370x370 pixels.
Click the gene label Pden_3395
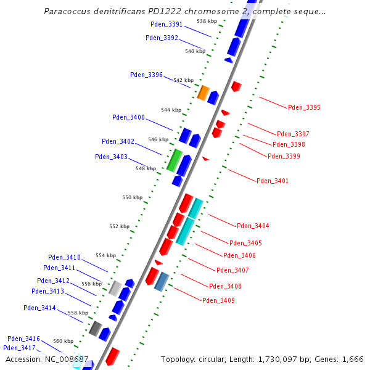(x=304, y=107)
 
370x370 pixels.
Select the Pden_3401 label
(x=273, y=181)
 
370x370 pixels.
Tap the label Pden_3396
(x=146, y=75)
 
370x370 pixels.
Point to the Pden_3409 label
(x=218, y=300)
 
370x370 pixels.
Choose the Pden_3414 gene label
(x=39, y=308)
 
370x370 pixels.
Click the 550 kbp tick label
(x=132, y=197)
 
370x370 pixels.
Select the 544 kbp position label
(x=171, y=110)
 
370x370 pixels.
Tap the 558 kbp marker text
(x=78, y=313)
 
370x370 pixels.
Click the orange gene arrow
(x=203, y=92)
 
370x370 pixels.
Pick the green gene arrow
(x=175, y=160)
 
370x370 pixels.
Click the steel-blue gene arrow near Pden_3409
(x=162, y=281)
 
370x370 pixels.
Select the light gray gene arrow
(x=115, y=287)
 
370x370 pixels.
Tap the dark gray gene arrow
(x=95, y=328)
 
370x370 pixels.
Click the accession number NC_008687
(x=69, y=359)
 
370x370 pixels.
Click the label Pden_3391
(x=166, y=24)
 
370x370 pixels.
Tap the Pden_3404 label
(x=253, y=226)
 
